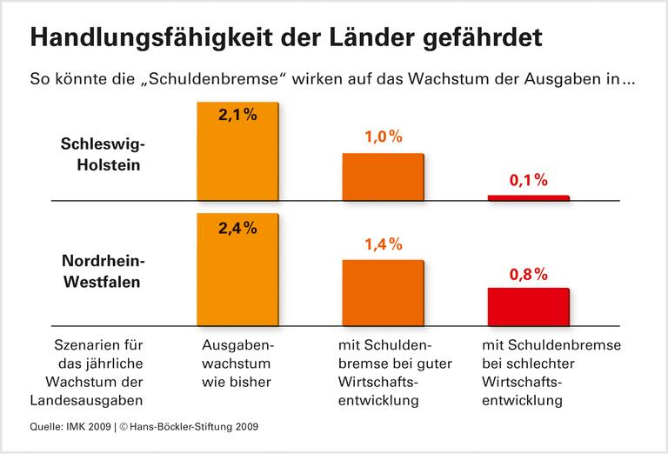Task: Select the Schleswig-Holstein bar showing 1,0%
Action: (x=383, y=177)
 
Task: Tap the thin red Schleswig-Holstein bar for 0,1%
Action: (x=528, y=198)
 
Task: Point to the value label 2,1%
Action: (x=237, y=114)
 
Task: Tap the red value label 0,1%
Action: (x=528, y=181)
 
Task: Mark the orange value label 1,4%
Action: (x=383, y=246)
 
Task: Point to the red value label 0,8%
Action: (x=528, y=274)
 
